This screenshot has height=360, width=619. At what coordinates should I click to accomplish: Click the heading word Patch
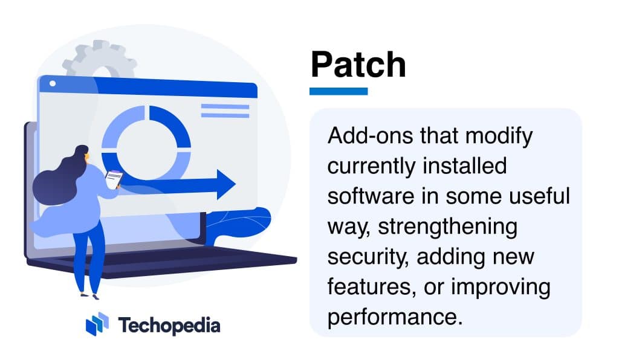tap(358, 65)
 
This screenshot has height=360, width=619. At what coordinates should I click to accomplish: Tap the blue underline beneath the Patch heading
tap(339, 91)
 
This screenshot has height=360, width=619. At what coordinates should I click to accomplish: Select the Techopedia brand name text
tap(169, 326)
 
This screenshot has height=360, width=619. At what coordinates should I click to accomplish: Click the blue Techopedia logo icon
tap(97, 324)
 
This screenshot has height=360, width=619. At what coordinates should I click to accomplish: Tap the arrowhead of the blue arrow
tap(225, 184)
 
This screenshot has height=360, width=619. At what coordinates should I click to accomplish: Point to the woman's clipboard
tap(113, 178)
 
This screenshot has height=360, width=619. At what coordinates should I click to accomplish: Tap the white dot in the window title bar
tap(52, 83)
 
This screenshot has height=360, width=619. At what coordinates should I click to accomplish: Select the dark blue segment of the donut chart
tap(175, 127)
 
